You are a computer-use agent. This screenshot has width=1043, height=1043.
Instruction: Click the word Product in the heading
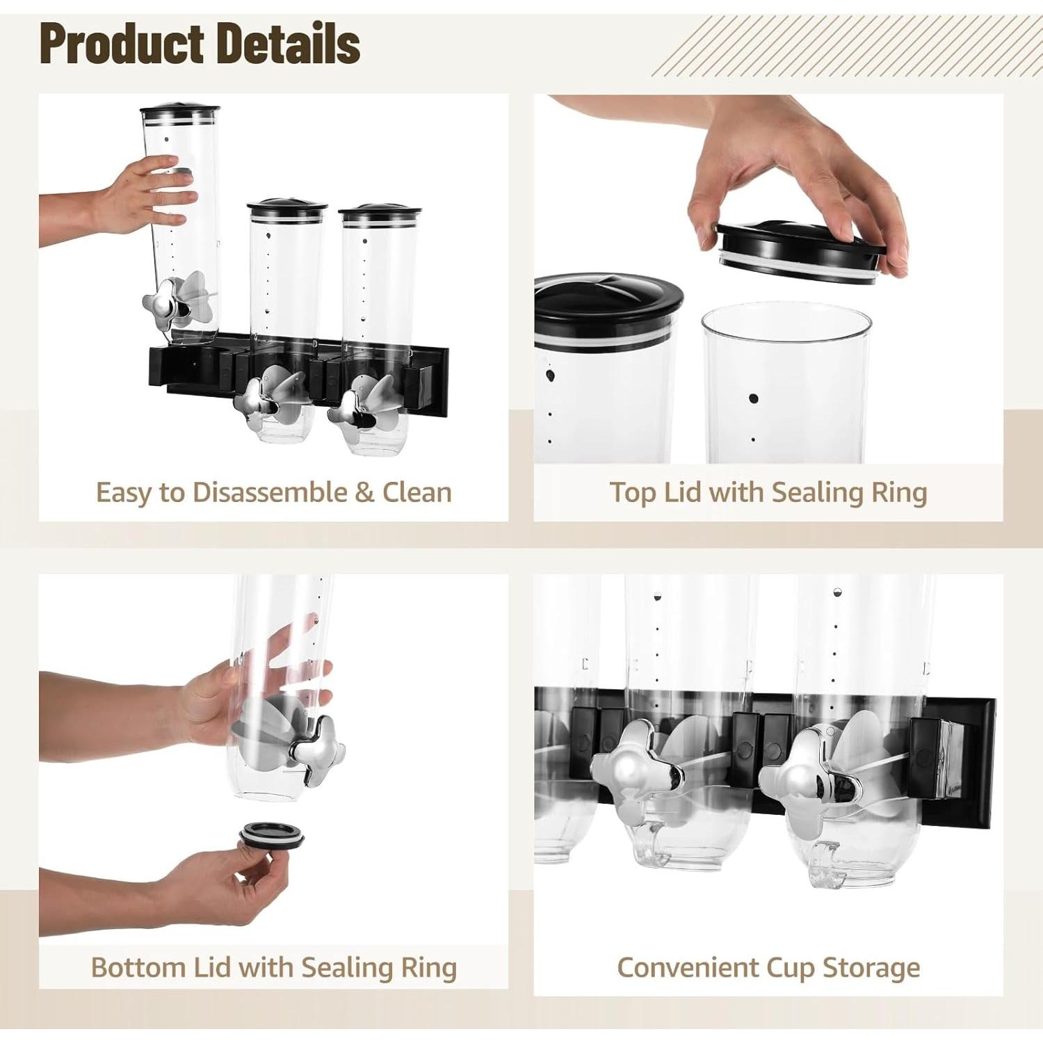(x=123, y=45)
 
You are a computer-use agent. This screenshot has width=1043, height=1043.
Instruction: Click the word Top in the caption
(x=633, y=492)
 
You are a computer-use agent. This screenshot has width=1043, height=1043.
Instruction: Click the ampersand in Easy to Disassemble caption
(x=364, y=492)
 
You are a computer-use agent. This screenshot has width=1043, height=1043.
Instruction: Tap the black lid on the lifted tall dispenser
(x=180, y=111)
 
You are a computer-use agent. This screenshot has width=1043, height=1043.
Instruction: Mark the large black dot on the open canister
(x=753, y=399)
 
